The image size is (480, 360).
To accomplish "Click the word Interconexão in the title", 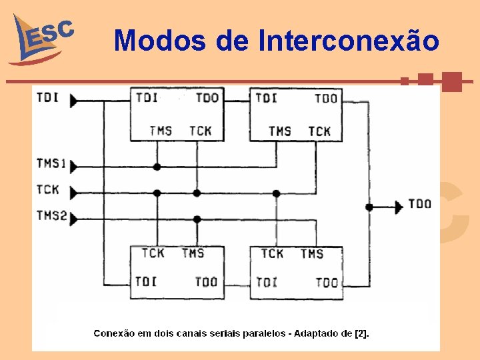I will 348,41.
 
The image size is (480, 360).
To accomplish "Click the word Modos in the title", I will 160,41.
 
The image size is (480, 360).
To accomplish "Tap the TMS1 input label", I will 52,163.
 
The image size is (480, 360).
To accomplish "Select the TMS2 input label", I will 52,215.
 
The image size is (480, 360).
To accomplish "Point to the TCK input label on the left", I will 48,190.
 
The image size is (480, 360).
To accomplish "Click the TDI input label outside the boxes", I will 47,98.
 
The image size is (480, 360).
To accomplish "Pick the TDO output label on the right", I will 419,204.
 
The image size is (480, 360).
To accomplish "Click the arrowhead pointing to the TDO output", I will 399,207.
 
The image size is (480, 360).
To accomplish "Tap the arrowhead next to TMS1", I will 73,166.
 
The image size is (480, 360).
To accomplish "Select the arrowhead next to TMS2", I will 73,219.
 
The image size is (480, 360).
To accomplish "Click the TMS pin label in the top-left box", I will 161,131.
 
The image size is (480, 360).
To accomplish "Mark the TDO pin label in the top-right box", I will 326,99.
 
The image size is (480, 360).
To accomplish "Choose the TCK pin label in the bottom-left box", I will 153,253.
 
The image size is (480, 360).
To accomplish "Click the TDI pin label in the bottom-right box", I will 267,283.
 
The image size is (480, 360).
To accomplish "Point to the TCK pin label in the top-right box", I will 319,131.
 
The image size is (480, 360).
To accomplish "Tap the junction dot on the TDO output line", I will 369,207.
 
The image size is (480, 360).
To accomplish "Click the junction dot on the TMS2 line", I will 197,219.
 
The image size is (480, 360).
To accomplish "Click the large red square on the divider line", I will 452,81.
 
